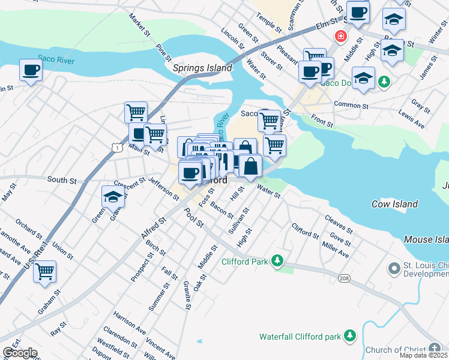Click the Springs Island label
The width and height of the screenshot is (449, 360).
click(x=202, y=68)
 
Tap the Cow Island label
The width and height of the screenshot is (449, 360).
click(x=394, y=204)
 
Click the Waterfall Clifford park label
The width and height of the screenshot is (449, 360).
click(x=300, y=337)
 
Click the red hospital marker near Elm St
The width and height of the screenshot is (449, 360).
click(x=341, y=36)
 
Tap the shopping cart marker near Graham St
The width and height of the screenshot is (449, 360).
click(x=44, y=272)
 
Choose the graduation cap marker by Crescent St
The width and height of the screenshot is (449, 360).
click(x=113, y=196)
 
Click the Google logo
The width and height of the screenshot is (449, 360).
click(x=20, y=353)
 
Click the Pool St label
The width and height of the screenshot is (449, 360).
click(x=194, y=217)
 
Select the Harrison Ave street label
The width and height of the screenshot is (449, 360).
click(x=130, y=322)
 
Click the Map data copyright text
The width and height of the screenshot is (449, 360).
click(x=424, y=355)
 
